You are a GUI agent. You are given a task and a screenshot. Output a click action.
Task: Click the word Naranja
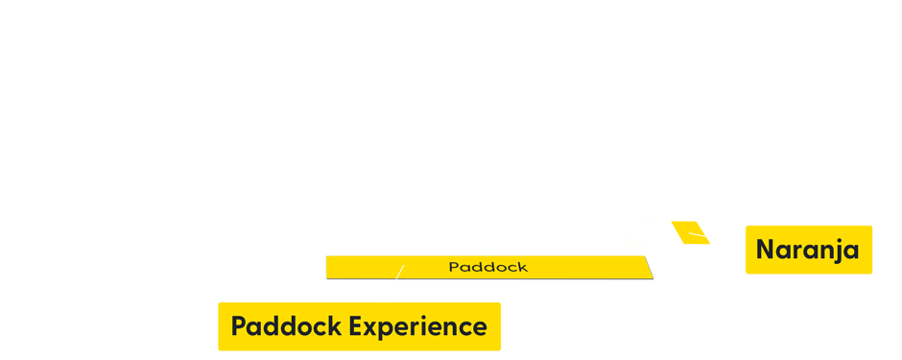(x=807, y=250)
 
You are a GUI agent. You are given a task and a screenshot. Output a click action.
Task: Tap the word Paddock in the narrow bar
(x=487, y=267)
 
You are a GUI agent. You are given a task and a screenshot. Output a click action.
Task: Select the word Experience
(x=417, y=327)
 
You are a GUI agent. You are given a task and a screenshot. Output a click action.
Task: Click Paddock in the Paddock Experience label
(x=286, y=326)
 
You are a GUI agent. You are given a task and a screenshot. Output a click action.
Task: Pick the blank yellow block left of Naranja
(x=653, y=232)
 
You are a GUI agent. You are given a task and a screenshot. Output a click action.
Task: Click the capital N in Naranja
(x=765, y=250)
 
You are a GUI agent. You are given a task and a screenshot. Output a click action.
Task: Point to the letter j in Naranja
(x=840, y=251)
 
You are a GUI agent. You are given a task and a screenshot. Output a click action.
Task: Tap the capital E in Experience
(x=356, y=326)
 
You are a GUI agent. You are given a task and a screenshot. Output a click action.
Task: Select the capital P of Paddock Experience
(x=239, y=326)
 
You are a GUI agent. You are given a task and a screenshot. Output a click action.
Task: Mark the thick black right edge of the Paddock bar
(x=653, y=268)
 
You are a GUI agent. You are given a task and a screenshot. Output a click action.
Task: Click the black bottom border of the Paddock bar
(x=489, y=278)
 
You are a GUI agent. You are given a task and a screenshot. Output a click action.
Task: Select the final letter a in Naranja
(x=851, y=251)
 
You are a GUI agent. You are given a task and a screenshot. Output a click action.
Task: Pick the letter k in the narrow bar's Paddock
(x=522, y=267)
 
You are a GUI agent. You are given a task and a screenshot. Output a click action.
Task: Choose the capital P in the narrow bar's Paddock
(x=454, y=267)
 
